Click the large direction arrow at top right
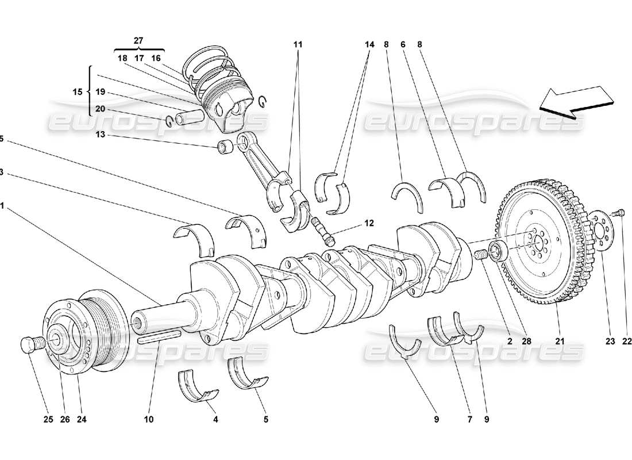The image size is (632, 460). pos(575,102)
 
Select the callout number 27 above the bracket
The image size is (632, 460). pos(138,41)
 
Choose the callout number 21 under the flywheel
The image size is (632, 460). pos(560,341)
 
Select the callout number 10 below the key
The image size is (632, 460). pos(149,420)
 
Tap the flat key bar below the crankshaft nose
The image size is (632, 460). pos(159,339)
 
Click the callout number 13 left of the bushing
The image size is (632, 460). pos(101,136)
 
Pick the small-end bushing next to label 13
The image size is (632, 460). pos(225,148)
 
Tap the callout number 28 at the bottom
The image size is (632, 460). pos(527,341)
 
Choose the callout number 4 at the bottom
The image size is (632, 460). pos(216,420)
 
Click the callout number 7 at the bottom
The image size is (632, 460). pos(469,420)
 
